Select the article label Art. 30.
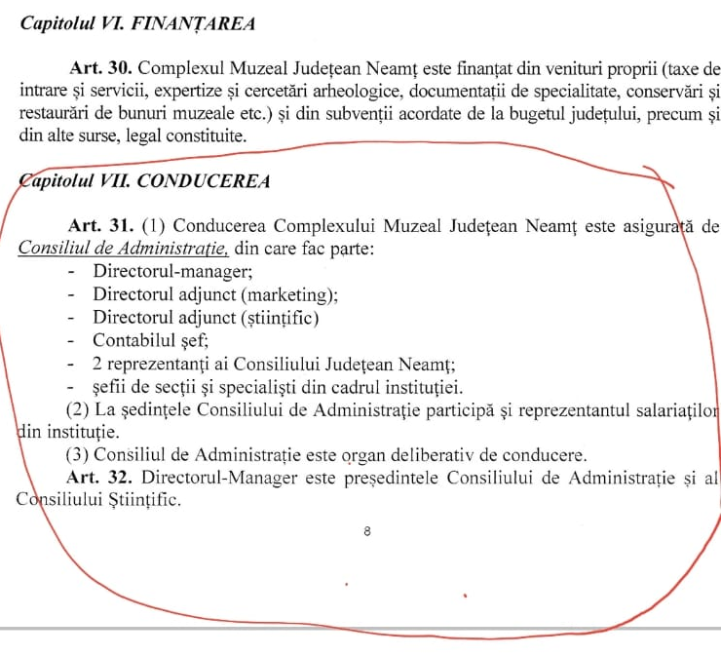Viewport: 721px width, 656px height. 101,69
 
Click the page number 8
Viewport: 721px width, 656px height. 366,532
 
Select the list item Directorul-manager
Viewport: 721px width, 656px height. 172,270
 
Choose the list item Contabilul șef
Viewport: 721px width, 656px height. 150,340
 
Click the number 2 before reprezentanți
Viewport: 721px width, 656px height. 97,365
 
